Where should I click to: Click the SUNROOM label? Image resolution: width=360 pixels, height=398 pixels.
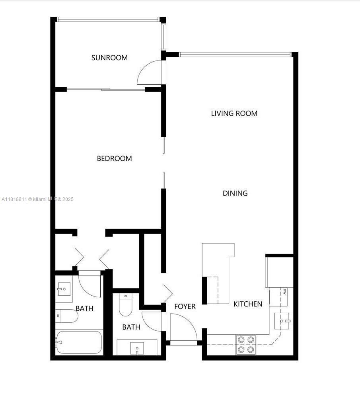109,58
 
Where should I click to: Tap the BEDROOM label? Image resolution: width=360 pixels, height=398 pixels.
115,159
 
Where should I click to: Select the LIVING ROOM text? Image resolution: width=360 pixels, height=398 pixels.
234,113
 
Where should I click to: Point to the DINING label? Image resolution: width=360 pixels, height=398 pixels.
235,193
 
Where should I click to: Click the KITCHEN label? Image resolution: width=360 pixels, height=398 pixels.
248,304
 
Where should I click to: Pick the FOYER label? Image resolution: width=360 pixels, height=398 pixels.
185,306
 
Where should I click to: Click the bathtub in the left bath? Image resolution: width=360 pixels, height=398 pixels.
79,342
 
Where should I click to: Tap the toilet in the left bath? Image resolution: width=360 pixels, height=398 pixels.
66,316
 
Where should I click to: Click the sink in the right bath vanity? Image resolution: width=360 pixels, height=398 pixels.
137,348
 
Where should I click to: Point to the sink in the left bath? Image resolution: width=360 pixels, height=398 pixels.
64,289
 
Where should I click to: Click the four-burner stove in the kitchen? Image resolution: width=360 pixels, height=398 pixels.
246,344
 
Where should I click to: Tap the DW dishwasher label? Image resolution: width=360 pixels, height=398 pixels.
285,291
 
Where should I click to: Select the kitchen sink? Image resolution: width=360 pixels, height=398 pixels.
282,321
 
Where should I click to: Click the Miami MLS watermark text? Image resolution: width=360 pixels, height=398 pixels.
37,199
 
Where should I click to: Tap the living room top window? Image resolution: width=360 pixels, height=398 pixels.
235,54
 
